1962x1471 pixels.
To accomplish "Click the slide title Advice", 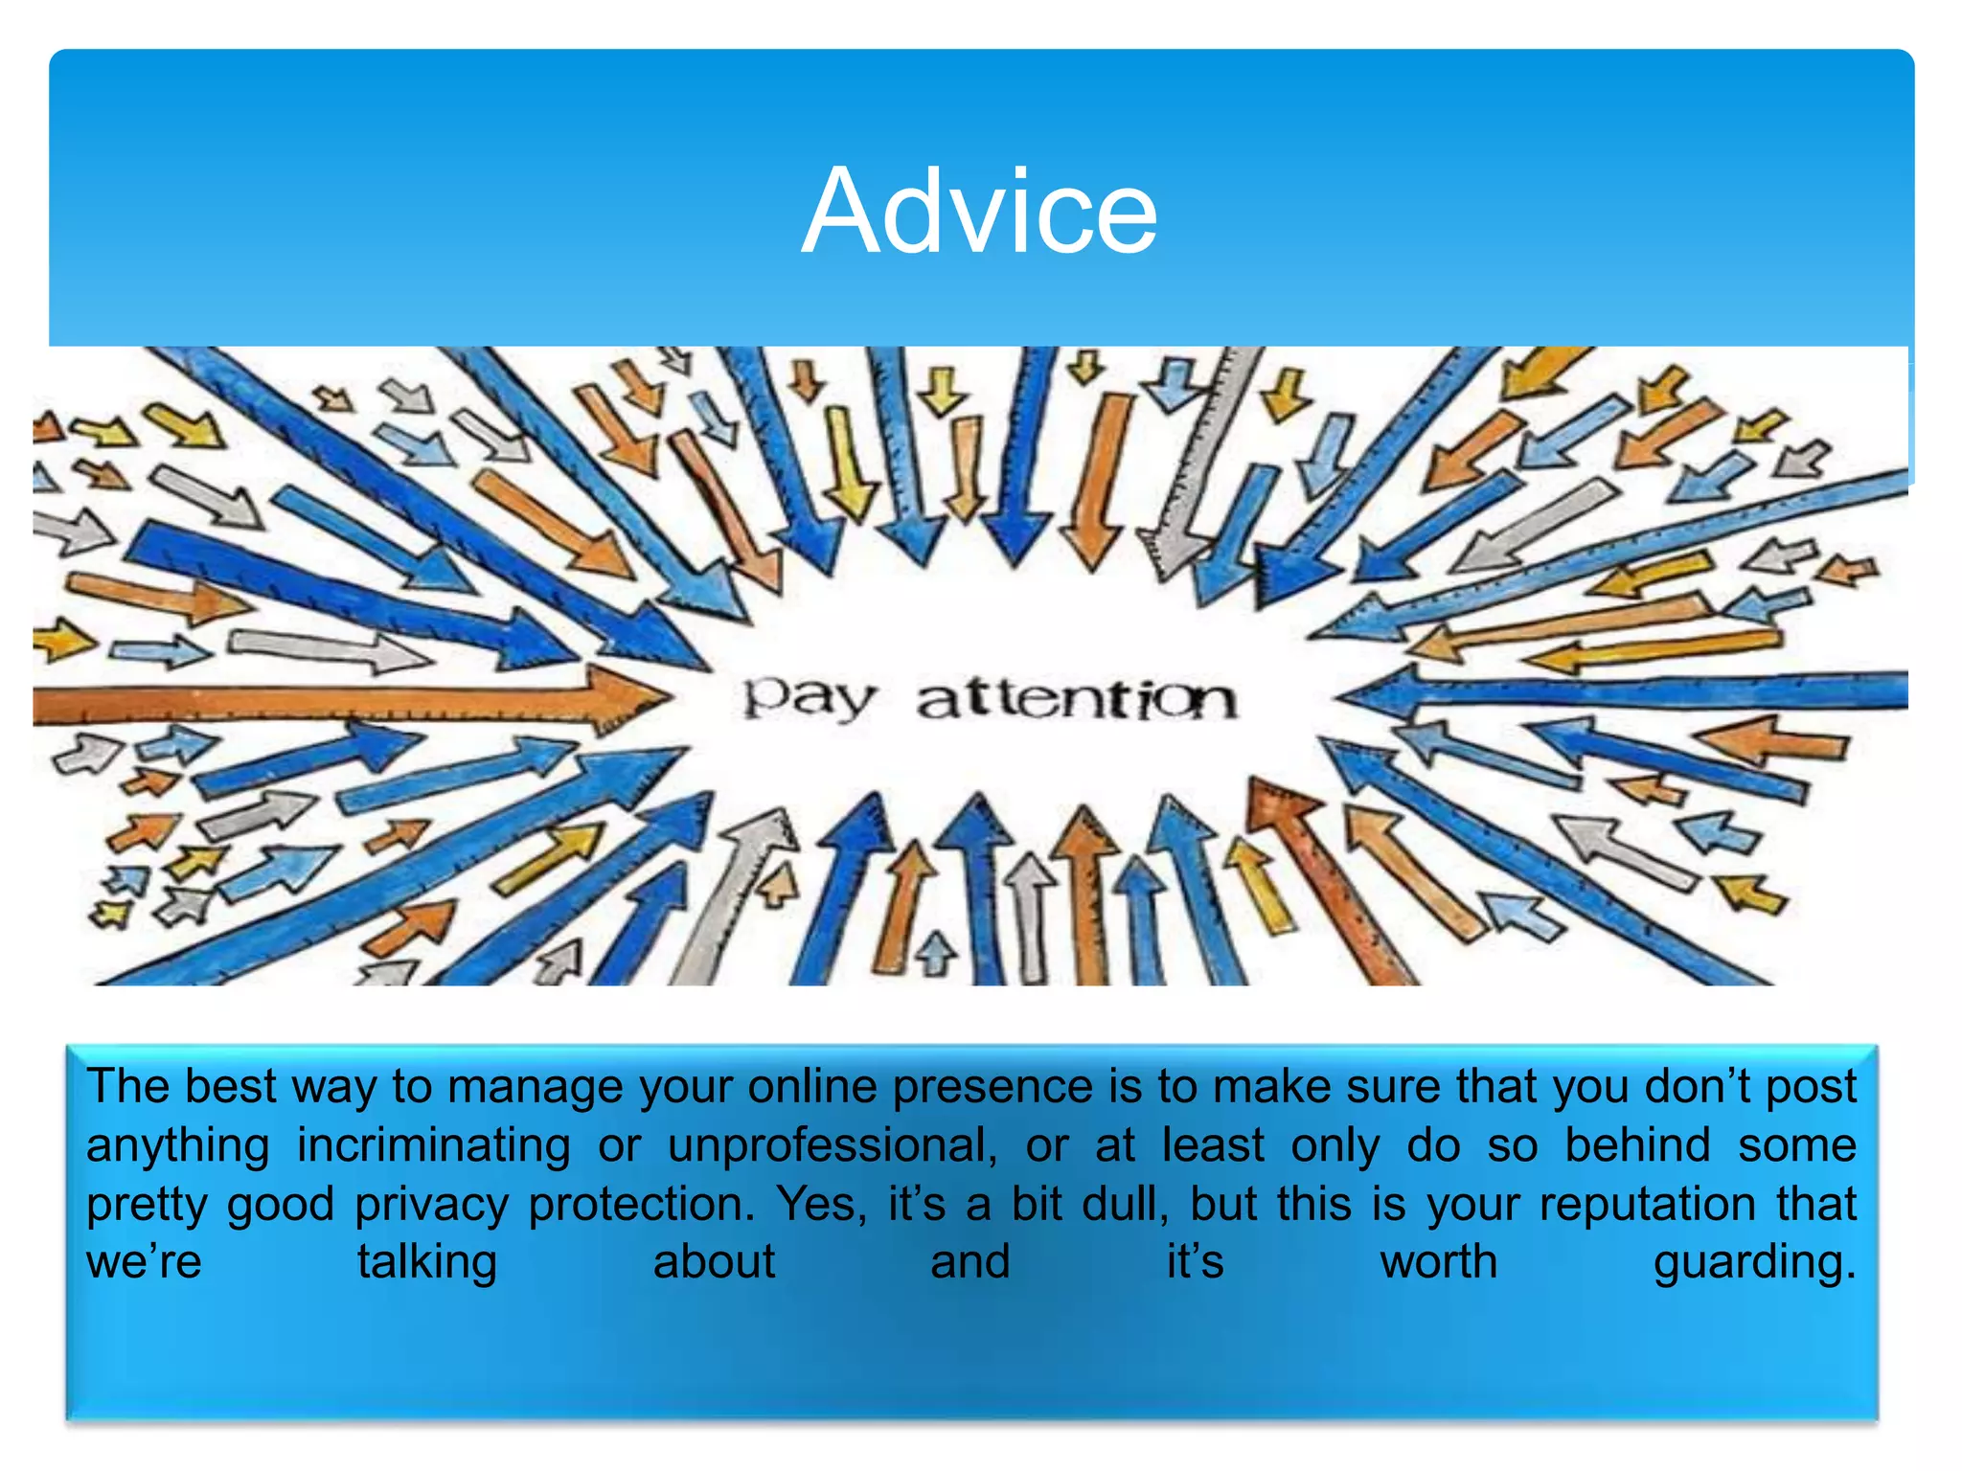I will click(979, 212).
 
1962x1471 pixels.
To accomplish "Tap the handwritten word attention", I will click(1077, 699).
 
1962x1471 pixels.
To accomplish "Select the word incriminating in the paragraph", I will click(434, 1146).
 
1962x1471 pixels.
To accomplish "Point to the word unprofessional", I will click(832, 1146).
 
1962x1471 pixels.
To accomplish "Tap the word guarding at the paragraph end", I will click(1754, 1263).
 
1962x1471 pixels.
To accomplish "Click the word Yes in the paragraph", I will click(821, 1204).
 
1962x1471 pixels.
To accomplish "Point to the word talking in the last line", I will click(427, 1263).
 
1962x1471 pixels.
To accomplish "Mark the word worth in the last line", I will click(1439, 1262).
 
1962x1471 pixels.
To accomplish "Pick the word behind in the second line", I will click(1637, 1145).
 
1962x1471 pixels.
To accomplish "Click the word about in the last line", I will click(714, 1262).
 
